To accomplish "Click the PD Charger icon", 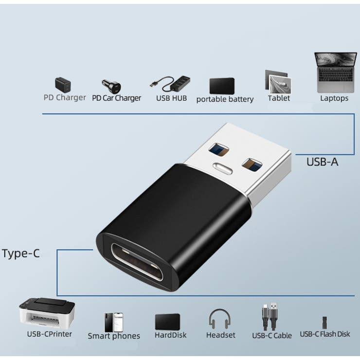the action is [x=63, y=85].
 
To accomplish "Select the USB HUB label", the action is [x=172, y=98].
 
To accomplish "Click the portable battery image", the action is [x=222, y=86].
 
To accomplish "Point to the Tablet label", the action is [x=279, y=98].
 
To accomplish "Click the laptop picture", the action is [x=336, y=72].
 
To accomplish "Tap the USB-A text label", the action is [x=323, y=162].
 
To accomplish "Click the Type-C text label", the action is [x=21, y=253].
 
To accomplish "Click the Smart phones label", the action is [x=114, y=336].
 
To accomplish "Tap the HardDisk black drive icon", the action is [x=167, y=322].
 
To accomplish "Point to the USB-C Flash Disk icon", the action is [x=324, y=323].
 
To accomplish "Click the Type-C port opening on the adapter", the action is [x=137, y=262].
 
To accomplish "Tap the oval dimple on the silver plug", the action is [x=222, y=168].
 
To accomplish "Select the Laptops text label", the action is [x=334, y=98].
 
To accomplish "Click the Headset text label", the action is [x=221, y=335].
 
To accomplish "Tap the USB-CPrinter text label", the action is [x=49, y=334].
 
